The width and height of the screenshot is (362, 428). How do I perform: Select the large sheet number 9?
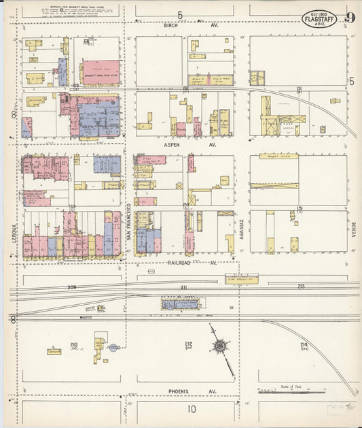349,18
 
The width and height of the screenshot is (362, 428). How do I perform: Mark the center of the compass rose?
220,346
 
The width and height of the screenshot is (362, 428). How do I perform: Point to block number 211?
183,288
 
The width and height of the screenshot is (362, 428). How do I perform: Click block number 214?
304,346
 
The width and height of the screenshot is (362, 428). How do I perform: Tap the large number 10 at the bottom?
192,409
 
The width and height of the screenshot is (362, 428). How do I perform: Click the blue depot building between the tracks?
181,304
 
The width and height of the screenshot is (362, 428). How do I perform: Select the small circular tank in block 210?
114,347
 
